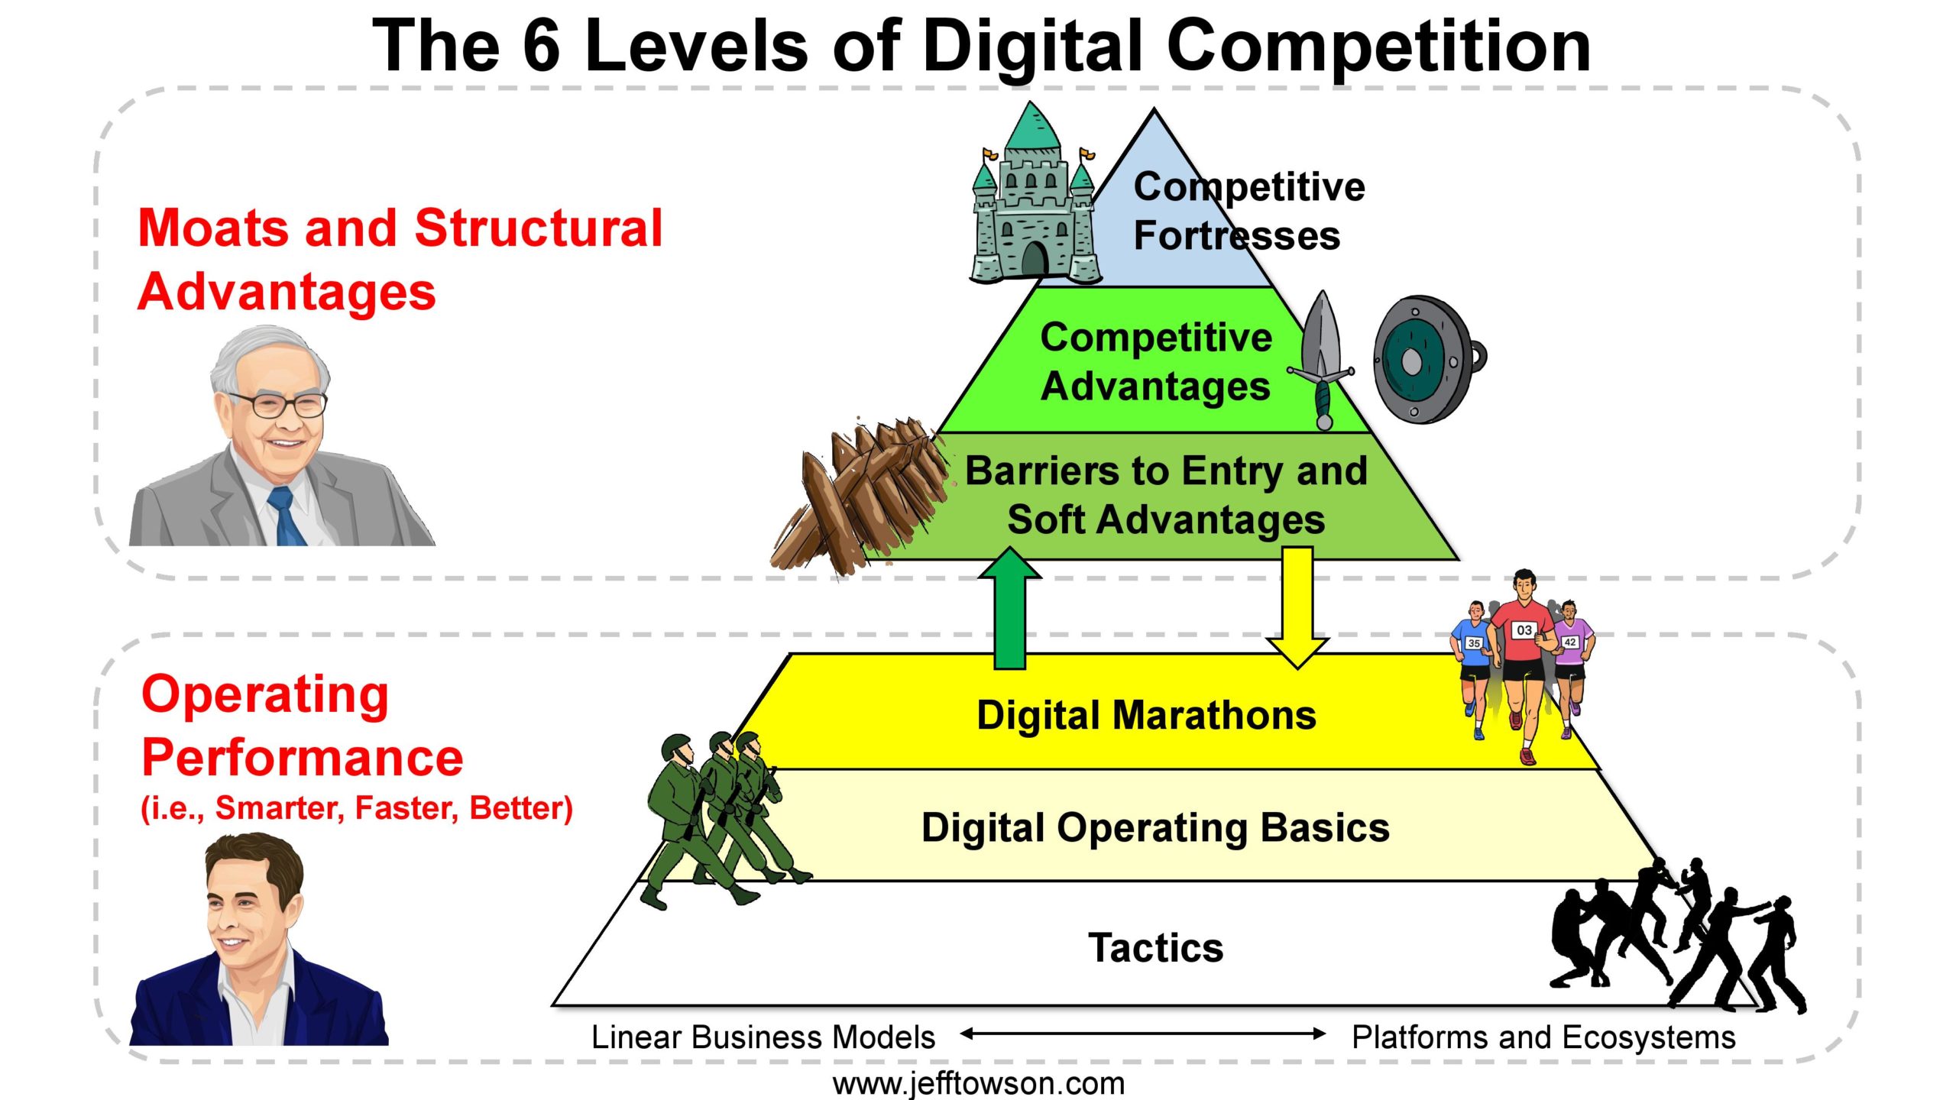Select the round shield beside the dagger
click(1428, 359)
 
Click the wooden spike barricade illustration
click(860, 497)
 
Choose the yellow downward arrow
click(1297, 607)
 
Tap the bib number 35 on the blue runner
click(1474, 642)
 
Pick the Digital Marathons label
click(1146, 716)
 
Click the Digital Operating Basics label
click(1155, 828)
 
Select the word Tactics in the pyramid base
click(1155, 948)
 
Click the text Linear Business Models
click(763, 1037)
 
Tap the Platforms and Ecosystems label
click(1543, 1037)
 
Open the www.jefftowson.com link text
click(978, 1083)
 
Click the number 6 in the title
click(542, 46)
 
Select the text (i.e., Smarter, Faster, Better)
click(357, 808)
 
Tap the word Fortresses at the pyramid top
click(1236, 235)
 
